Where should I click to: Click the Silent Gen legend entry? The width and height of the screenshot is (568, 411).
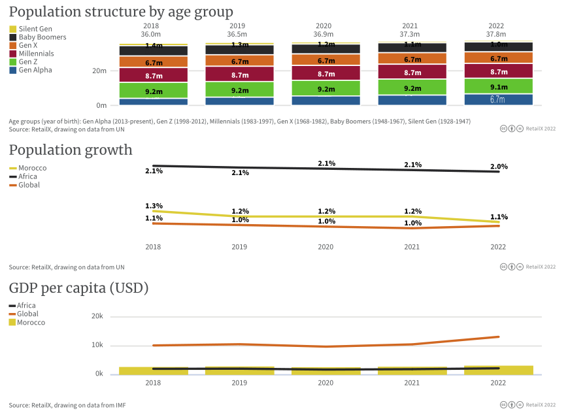[x=35, y=29]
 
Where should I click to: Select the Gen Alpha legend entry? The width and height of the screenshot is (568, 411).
[x=35, y=70]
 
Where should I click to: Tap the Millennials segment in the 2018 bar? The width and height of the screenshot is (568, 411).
[x=154, y=74]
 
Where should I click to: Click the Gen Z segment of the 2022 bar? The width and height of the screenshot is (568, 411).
[x=499, y=86]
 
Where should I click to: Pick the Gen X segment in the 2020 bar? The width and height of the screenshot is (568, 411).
[x=326, y=60]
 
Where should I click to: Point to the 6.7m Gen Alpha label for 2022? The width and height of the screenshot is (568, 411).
[x=497, y=100]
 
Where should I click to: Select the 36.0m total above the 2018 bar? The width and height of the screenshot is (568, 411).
[x=152, y=34]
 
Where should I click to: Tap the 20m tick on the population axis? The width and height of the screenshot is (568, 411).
[x=100, y=71]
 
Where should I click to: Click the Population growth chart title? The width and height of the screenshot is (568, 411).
[x=71, y=150]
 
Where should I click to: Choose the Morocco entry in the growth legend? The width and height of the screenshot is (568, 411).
[x=32, y=168]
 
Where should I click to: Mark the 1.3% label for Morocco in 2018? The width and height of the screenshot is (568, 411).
[x=154, y=206]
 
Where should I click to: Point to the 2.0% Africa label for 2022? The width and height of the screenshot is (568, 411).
[x=498, y=167]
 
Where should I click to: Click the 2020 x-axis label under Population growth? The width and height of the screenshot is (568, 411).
[x=326, y=247]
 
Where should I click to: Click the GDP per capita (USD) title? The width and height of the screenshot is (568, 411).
[x=78, y=288]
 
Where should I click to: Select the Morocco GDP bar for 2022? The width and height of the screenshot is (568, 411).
[x=499, y=370]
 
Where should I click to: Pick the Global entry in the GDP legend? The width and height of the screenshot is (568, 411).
[x=27, y=314]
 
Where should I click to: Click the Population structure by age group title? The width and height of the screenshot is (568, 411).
[x=121, y=12]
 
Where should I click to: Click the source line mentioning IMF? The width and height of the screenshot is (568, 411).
[x=67, y=405]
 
